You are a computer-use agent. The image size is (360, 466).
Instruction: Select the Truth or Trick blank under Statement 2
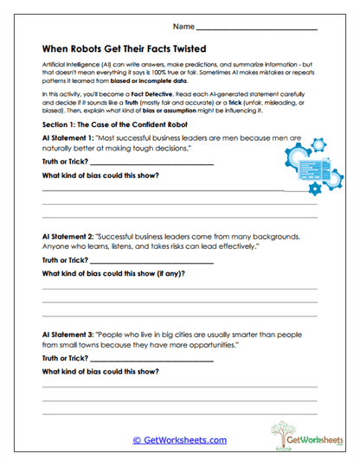(138, 260)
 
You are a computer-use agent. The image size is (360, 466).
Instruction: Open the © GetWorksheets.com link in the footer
(179, 440)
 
